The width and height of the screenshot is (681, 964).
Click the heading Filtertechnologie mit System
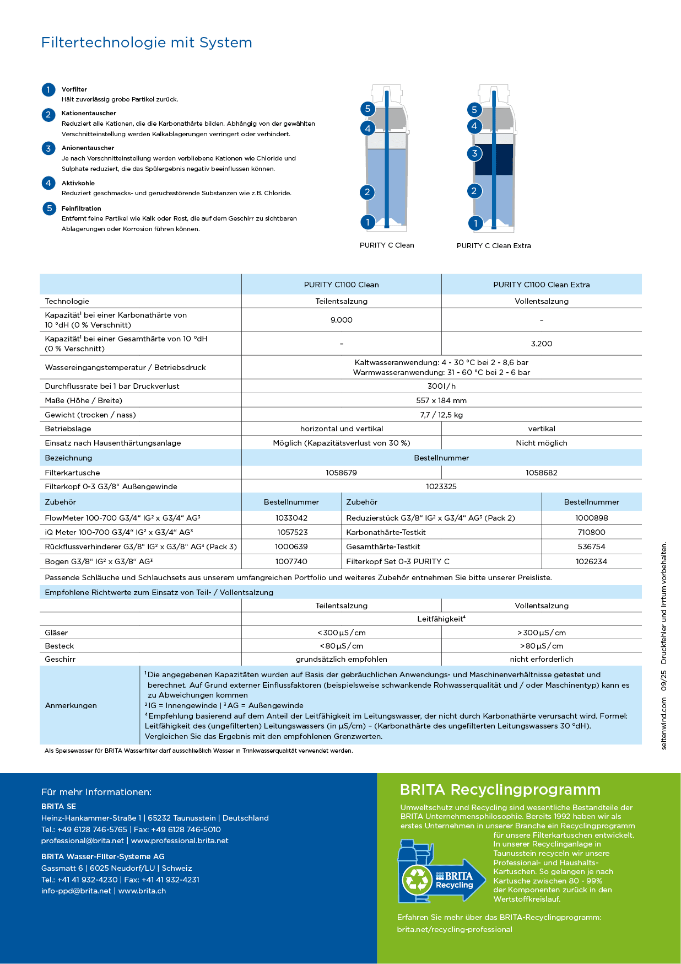(147, 42)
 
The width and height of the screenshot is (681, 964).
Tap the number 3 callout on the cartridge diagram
(474, 153)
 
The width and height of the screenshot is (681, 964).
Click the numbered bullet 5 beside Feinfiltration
(49, 208)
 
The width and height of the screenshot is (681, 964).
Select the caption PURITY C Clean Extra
(494, 245)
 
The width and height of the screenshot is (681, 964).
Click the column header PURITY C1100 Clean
(341, 285)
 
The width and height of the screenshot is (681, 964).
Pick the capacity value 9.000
(341, 320)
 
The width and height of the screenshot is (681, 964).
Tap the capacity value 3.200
(541, 344)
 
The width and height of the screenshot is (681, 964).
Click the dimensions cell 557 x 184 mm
(441, 400)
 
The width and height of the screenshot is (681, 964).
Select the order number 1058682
(541, 473)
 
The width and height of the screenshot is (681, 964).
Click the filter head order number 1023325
(441, 486)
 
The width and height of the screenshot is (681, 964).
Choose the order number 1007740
(291, 561)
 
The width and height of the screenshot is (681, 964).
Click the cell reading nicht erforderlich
(541, 659)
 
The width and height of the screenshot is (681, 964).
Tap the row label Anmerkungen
(71, 705)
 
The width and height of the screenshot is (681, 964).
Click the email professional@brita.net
(83, 840)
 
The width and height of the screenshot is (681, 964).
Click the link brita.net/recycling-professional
(455, 929)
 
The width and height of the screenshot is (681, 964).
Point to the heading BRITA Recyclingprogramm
(500, 790)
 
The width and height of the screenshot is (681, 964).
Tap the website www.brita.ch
(142, 891)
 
